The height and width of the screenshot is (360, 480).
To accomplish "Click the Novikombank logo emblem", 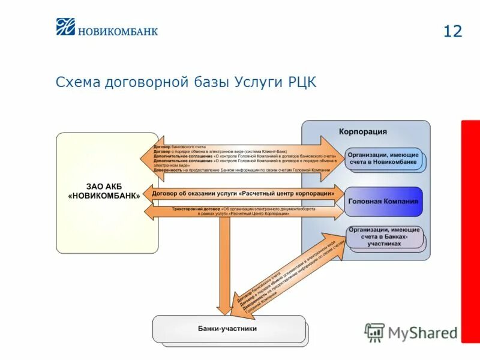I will (x=65, y=27).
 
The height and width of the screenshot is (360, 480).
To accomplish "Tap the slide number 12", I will (x=453, y=31).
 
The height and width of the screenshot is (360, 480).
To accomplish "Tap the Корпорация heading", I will (x=362, y=131).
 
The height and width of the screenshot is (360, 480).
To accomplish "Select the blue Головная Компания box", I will (x=383, y=202).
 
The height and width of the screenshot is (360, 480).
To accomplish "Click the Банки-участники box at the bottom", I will (x=227, y=329).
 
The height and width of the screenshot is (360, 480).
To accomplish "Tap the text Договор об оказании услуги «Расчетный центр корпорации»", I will (x=242, y=194).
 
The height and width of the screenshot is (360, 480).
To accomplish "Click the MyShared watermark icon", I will (x=374, y=332).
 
